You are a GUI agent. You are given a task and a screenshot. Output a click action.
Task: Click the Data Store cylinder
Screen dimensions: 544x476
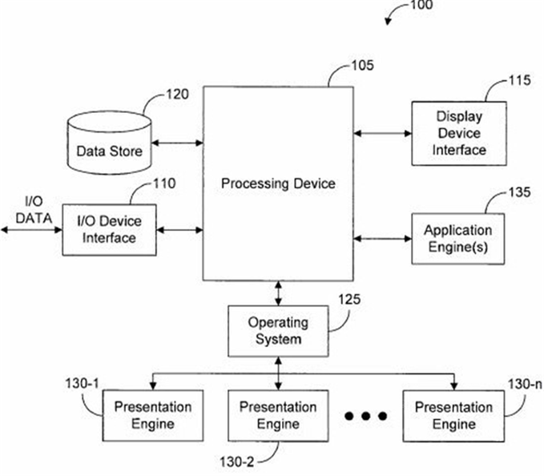[109, 143]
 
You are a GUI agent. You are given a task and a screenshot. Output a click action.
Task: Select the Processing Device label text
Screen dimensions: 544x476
[278, 184]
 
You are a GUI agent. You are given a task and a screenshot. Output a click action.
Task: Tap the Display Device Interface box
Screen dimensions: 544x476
[459, 134]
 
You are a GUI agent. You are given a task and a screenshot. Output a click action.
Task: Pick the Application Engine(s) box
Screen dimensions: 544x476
[458, 239]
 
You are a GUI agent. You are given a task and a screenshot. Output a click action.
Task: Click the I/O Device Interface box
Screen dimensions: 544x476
[109, 230]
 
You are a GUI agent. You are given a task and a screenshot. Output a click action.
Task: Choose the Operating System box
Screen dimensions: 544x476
[278, 331]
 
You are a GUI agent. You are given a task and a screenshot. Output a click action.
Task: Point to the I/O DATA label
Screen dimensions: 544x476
[34, 210]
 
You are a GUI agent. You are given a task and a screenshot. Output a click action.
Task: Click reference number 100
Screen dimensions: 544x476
[421, 5]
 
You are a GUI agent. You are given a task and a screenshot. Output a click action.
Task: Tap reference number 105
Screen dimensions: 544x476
[363, 65]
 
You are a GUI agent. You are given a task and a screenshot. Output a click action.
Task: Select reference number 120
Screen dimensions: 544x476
[177, 95]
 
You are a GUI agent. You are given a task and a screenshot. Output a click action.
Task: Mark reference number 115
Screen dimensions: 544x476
[520, 80]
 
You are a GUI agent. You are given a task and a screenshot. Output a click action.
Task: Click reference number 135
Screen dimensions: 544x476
[520, 192]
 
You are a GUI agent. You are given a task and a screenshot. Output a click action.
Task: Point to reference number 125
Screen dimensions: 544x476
[349, 300]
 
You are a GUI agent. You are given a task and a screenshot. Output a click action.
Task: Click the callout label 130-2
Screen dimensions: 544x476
[237, 462]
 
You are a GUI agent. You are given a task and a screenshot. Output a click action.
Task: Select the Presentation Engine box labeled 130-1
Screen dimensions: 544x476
[153, 416]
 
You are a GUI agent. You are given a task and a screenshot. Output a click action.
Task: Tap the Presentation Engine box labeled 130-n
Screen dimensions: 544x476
[453, 416]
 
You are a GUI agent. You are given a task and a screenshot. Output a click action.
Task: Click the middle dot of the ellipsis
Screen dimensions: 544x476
[365, 416]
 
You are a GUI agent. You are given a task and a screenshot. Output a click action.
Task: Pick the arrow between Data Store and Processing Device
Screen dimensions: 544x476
[177, 143]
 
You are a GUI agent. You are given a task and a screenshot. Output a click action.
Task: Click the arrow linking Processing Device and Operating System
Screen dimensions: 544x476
[278, 293]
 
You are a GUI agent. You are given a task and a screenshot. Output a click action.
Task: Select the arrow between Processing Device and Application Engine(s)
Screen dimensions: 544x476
[383, 238]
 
